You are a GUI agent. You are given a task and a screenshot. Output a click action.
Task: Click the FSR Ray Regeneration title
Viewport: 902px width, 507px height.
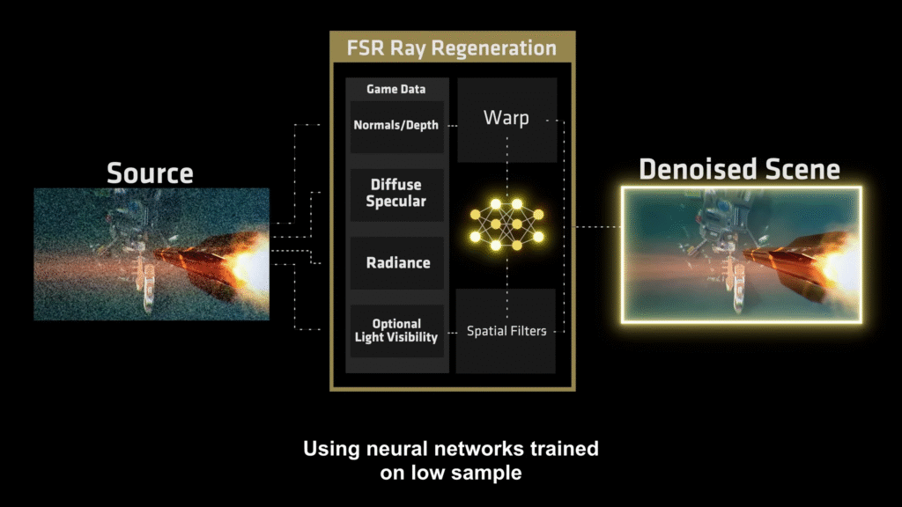point(453,48)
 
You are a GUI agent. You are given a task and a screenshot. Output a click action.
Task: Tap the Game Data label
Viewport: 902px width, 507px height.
point(396,89)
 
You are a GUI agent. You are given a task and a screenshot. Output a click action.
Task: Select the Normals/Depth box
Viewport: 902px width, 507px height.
point(396,125)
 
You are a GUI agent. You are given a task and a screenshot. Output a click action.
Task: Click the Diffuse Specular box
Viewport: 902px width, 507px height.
point(396,193)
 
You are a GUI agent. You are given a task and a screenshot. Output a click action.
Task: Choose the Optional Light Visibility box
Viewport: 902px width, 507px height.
point(396,330)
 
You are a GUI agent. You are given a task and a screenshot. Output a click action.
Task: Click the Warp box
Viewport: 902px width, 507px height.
point(506,118)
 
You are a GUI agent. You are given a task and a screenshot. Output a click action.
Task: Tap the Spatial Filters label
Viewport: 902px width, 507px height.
point(506,331)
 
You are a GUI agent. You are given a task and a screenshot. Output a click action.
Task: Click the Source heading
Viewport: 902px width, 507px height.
point(150,173)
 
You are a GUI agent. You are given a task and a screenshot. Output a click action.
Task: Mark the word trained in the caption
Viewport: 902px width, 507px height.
point(561,449)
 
